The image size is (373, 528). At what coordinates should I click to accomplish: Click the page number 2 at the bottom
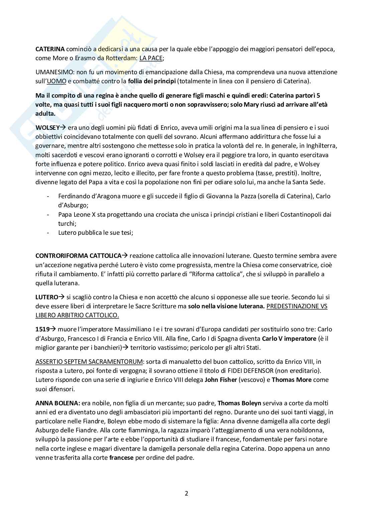186,493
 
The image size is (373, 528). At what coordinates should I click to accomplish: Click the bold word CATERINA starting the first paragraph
50,49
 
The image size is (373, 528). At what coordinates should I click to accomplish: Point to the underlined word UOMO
57,81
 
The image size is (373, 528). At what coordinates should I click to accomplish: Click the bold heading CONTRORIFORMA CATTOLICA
78,256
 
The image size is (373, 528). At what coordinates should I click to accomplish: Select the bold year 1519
42,329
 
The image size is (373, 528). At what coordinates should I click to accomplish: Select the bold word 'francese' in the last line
121,457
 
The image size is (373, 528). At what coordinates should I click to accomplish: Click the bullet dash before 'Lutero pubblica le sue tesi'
49,233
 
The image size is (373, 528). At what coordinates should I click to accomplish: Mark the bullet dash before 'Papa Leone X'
49,214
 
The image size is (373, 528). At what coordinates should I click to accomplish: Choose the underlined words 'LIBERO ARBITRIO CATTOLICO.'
77,315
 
